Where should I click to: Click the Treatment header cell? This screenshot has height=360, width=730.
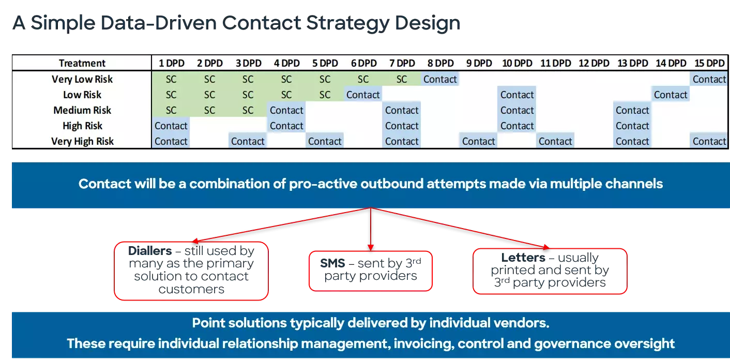click(x=82, y=63)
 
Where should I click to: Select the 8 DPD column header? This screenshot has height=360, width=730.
click(x=440, y=63)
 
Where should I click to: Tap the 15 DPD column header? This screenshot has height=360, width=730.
click(x=709, y=63)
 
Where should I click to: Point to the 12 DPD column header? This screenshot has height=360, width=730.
click(x=594, y=63)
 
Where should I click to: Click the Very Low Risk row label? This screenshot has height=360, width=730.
click(x=82, y=79)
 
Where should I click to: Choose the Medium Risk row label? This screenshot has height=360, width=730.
click(x=82, y=110)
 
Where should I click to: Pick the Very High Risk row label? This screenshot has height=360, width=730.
click(x=82, y=141)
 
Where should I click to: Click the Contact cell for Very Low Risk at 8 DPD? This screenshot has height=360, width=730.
click(x=440, y=79)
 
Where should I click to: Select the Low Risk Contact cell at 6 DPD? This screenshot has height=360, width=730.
click(x=363, y=95)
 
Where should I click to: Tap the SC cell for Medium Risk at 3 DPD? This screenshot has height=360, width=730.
click(x=248, y=110)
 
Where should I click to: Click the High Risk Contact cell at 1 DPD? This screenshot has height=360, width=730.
click(x=171, y=126)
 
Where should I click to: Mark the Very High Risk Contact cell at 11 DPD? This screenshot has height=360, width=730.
click(x=555, y=141)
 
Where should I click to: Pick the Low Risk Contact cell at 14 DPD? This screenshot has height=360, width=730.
click(x=671, y=95)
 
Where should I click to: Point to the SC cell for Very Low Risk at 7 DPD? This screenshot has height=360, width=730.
click(x=402, y=79)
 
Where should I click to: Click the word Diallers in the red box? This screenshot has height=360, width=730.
click(x=150, y=251)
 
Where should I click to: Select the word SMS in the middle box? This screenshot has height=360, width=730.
click(x=332, y=263)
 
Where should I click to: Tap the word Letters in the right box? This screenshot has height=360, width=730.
click(x=523, y=258)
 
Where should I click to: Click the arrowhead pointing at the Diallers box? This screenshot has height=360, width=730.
click(x=195, y=241)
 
